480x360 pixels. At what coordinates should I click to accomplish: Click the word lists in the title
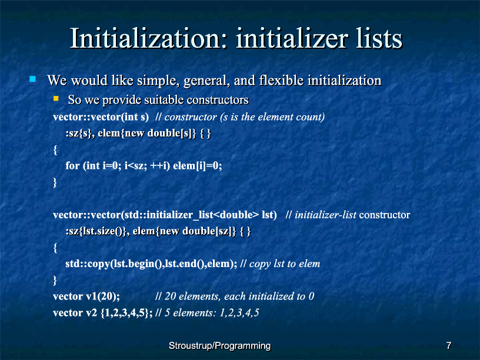pos(379,38)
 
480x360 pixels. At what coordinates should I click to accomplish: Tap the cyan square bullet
pos(32,79)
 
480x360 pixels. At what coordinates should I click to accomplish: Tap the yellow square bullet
pos(56,98)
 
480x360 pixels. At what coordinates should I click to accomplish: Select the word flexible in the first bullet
pos(281,81)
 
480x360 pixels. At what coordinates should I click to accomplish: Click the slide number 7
pos(449,346)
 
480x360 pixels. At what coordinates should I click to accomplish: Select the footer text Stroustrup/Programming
pos(220,346)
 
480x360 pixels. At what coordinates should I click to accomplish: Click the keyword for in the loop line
pos(72,166)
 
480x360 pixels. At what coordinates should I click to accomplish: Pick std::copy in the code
pos(87,264)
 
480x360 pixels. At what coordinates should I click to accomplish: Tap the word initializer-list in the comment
pos(325,215)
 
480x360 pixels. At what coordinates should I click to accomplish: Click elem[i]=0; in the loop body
pos(198,166)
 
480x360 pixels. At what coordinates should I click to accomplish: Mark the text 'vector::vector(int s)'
pos(101,117)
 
